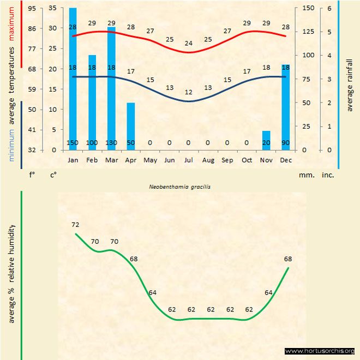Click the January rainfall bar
click(x=73, y=76)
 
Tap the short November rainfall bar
click(x=266, y=140)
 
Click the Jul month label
click(x=189, y=160)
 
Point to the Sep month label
click(x=227, y=160)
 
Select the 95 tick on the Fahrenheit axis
click(x=32, y=8)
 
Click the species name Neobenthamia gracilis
click(x=179, y=186)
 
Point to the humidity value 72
click(x=76, y=225)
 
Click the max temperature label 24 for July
click(x=189, y=43)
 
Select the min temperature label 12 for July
click(x=189, y=92)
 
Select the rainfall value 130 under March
click(x=111, y=143)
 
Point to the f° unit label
click(x=32, y=176)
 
